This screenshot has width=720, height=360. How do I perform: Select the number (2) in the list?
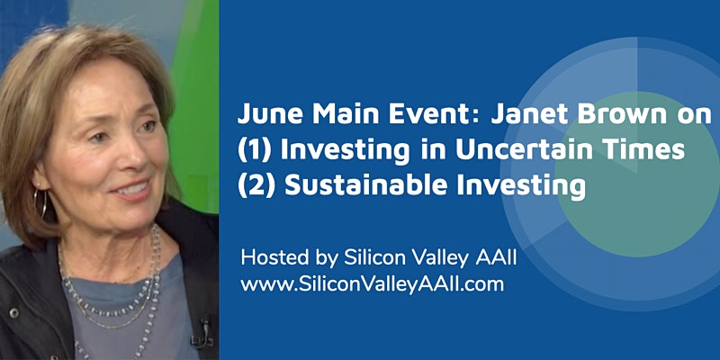point(256,185)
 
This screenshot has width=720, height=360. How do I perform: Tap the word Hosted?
point(274,258)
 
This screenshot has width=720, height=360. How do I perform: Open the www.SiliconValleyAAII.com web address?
point(373,284)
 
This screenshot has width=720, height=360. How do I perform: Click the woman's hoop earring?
point(40,203)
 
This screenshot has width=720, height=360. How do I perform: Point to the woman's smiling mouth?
point(132,189)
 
